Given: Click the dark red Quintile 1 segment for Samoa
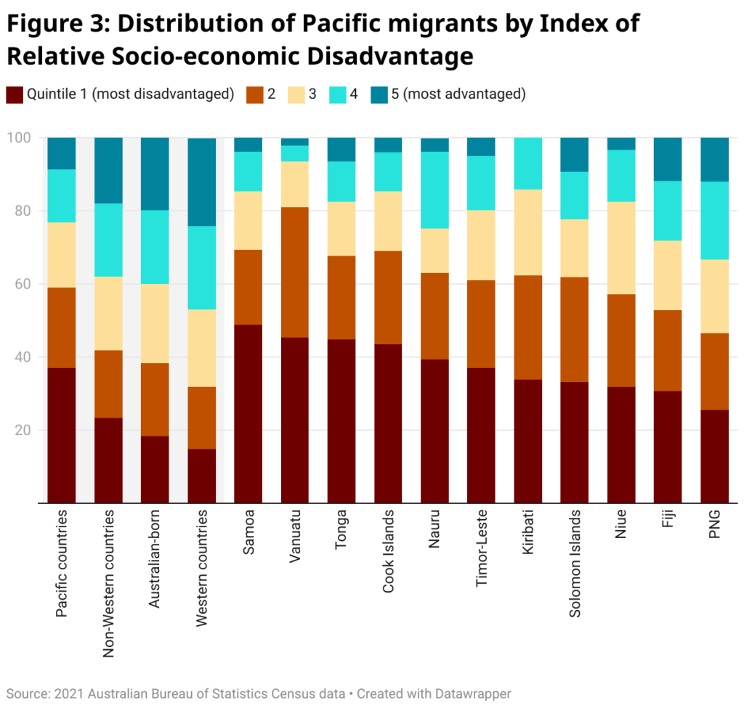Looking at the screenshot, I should (248, 413).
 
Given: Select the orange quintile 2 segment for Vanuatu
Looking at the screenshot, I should (294, 272).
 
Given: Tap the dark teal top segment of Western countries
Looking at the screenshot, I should (201, 182).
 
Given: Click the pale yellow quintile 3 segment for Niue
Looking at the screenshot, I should (621, 248).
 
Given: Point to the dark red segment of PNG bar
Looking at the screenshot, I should (714, 456).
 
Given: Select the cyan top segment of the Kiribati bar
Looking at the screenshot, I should (528, 163).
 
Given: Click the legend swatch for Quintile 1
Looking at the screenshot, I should (15, 94).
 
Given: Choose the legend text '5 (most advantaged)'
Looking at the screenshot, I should (458, 94).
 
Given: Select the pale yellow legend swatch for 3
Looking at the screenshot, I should (296, 94).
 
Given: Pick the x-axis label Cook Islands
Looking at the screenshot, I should (388, 550).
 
